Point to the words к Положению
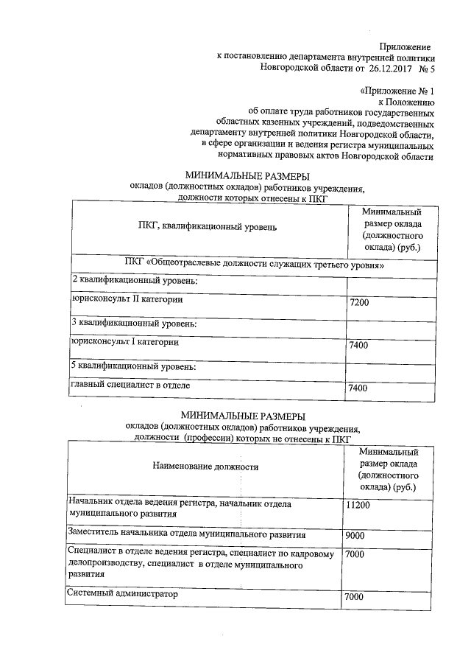pyautogui.click(x=406, y=102)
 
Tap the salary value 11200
pyautogui.click(x=357, y=506)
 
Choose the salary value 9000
pyautogui.click(x=355, y=536)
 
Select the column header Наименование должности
pyautogui.click(x=205, y=466)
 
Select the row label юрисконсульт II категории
pyautogui.click(x=127, y=300)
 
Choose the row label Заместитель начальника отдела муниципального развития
pyautogui.click(x=186, y=534)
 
